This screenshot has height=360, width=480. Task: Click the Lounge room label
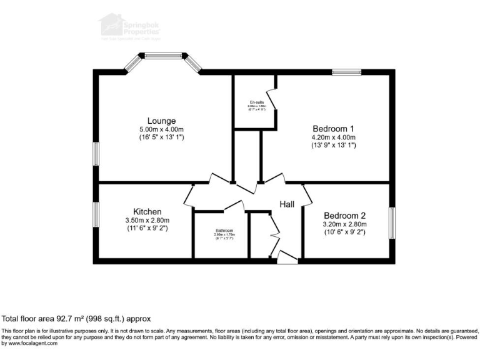[x=161, y=121]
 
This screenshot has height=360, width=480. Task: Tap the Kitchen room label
[x=147, y=212]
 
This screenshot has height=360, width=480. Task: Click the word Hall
[x=287, y=204]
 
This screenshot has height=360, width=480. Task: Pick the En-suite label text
[x=256, y=102]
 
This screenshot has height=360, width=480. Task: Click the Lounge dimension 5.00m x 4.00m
[x=161, y=129]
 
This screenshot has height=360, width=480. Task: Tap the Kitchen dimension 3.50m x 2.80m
[x=147, y=221]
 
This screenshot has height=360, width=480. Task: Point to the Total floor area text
[x=76, y=318]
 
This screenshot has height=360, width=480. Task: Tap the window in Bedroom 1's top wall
[x=346, y=72]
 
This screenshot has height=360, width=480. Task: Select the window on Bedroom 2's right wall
[x=392, y=222]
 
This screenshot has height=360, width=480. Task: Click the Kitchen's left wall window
[x=96, y=216]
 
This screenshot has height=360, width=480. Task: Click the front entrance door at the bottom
[x=287, y=257]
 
